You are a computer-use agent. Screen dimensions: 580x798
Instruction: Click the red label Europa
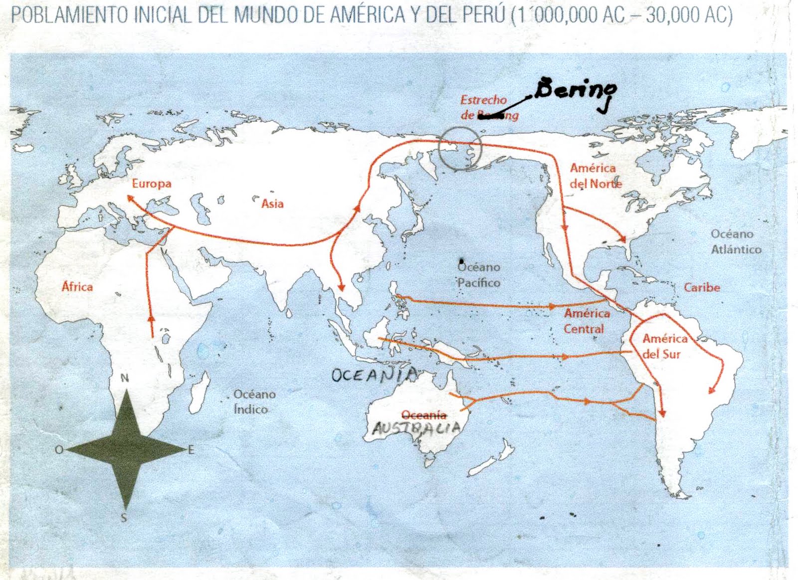click(x=152, y=184)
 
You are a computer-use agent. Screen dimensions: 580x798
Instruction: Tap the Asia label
click(x=272, y=203)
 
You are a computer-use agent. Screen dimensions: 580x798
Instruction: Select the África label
click(x=77, y=287)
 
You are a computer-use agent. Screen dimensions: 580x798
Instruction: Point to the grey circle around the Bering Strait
click(x=459, y=148)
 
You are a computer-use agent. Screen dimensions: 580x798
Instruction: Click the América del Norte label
click(x=595, y=176)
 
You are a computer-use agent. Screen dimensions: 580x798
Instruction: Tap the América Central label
click(x=586, y=321)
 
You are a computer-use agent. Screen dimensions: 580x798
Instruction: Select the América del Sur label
click(x=663, y=347)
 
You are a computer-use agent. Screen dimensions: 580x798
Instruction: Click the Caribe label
click(x=702, y=288)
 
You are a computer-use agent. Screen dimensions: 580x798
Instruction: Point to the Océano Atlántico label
click(x=735, y=242)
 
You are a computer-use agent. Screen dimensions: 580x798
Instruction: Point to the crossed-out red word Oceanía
click(x=423, y=415)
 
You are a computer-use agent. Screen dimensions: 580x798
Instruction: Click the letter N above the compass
click(x=125, y=379)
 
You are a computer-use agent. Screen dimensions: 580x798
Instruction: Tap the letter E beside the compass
click(x=191, y=450)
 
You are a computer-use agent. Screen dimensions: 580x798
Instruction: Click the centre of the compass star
click(x=125, y=450)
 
